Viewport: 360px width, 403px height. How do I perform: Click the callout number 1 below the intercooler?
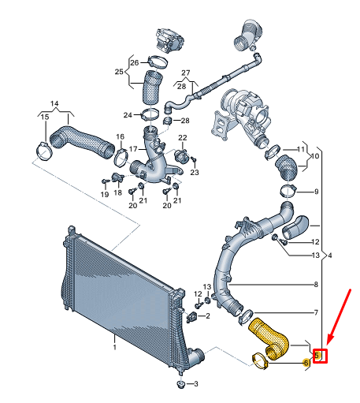(114, 348)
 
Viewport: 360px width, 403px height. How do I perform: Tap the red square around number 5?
(320, 356)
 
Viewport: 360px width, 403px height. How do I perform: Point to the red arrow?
(339, 317)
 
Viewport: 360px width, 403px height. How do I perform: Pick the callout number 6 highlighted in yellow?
(306, 363)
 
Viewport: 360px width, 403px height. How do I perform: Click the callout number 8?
(316, 285)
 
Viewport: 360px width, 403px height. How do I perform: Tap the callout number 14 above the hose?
(54, 103)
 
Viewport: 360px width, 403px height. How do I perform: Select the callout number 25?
(119, 72)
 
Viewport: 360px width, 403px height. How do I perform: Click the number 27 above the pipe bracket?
(186, 73)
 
